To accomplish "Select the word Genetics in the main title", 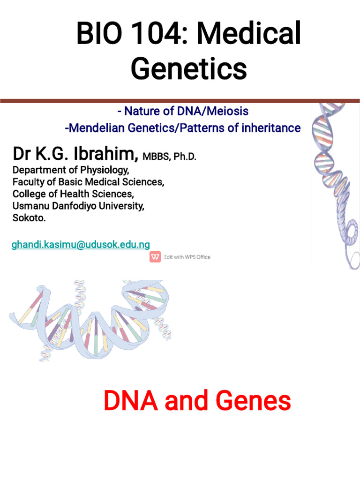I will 189,69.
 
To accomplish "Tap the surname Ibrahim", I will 103,154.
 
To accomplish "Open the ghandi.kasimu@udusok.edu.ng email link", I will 81,245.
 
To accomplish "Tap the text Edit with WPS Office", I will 187,257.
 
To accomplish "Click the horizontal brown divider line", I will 180,100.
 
